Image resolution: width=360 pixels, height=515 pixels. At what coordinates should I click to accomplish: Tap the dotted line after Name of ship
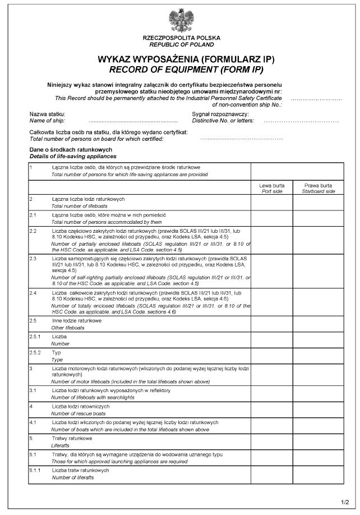133,121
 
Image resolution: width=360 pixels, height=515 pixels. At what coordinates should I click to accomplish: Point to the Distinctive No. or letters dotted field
301,121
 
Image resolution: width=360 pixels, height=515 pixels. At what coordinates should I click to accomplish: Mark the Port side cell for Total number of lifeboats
271,203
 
